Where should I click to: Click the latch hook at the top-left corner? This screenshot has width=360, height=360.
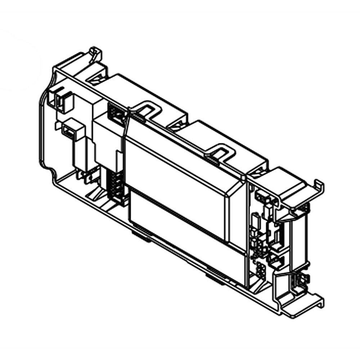(x=96, y=54)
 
